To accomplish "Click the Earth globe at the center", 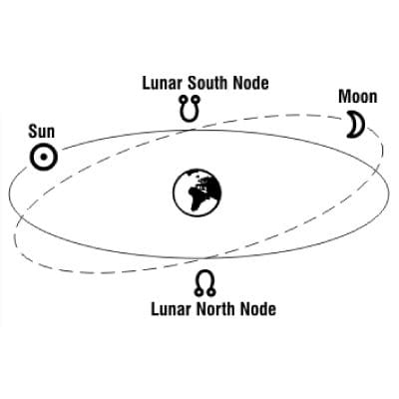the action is point(198,193).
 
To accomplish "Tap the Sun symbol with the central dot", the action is point(44,157).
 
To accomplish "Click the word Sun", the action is point(41,132).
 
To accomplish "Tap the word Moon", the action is point(358,97).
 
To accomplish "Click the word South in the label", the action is point(208,83).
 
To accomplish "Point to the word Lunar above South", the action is point(164,83).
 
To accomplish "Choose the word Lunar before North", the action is point(172,309).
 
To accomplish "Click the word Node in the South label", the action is point(250,83).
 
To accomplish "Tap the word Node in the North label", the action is point(258,309).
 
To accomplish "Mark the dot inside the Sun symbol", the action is point(44,157).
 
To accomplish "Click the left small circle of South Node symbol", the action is point(183,99).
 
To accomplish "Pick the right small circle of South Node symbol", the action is point(197,99).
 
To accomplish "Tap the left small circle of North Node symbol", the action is point(199,292).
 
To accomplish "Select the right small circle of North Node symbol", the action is point(211,292).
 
